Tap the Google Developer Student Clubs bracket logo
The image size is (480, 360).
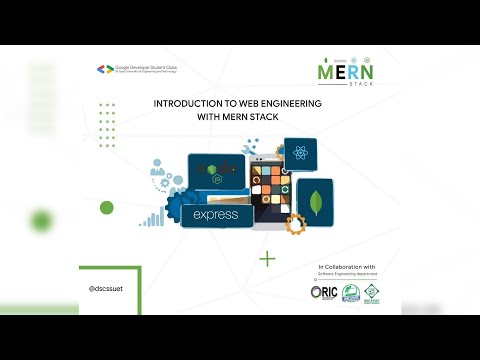click(101, 69)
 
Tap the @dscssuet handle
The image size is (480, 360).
click(107, 286)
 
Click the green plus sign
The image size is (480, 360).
click(267, 259)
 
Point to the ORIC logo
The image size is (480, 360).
click(324, 292)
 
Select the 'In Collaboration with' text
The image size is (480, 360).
click(346, 268)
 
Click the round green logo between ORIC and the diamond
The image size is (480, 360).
click(351, 293)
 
